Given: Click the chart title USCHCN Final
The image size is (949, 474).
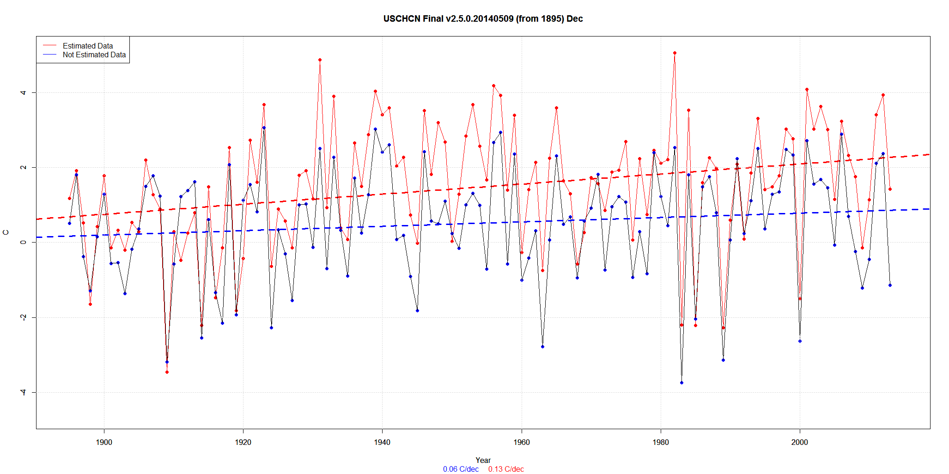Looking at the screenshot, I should coord(483,18).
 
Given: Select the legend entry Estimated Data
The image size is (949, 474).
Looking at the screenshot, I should coord(88,46).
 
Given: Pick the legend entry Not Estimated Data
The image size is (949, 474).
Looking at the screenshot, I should coord(94,55).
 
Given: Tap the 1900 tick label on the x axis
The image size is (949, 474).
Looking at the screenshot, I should coord(104,442).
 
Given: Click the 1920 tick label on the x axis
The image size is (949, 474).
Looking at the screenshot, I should coord(243,442).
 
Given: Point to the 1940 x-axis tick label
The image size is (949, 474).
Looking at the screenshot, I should coord(382,442).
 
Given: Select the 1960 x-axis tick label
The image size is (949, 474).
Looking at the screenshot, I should coord(522,442).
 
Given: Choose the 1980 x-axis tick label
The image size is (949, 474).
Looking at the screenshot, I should coord(661,442).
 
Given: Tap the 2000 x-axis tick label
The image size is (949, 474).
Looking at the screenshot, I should coord(800,442).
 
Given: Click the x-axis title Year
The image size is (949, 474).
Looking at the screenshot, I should coord(483,460).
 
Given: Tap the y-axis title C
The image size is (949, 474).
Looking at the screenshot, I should coord(6,232).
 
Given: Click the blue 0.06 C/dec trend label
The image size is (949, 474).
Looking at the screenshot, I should coord(461,469).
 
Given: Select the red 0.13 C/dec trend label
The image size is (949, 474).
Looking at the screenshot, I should coord(506,469).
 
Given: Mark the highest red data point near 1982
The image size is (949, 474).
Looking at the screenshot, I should coord(675,53).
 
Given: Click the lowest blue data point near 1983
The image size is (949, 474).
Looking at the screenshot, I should coord(681,383).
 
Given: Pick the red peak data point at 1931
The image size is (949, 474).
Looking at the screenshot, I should coord(320,60).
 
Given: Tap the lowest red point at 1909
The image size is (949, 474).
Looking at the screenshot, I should coord(167,372).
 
